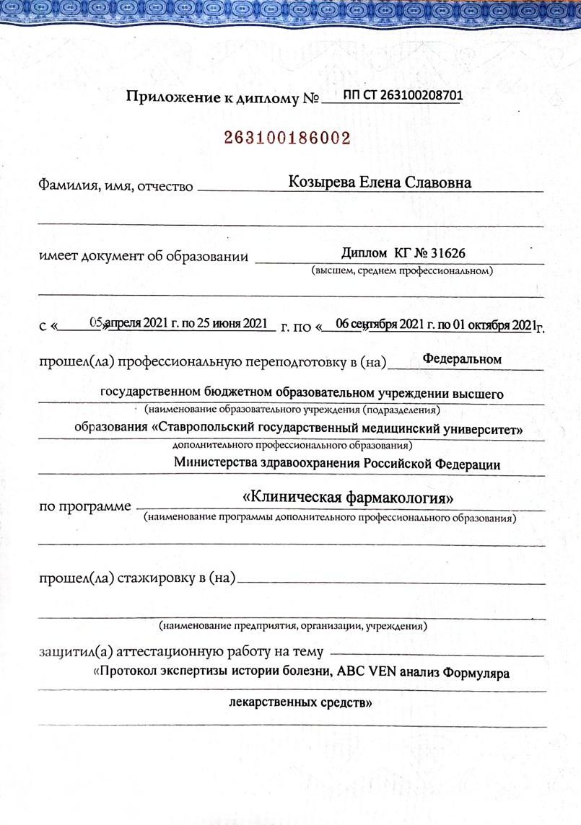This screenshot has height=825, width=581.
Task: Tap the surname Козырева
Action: tap(320, 182)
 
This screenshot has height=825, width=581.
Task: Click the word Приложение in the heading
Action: tap(171, 97)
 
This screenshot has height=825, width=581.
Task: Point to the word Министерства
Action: tap(219, 464)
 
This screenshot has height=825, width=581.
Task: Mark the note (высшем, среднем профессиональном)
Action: tap(402, 271)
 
